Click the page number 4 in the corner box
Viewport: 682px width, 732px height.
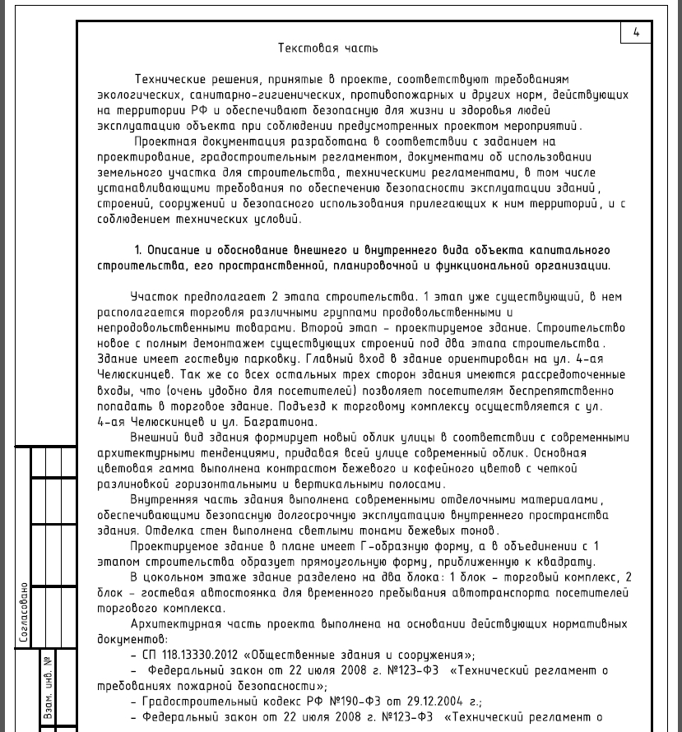[x=636, y=33]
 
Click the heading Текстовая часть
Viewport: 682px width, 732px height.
[x=328, y=48]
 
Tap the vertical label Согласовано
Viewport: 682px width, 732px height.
[x=25, y=613]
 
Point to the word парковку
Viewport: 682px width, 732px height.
[x=266, y=359]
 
